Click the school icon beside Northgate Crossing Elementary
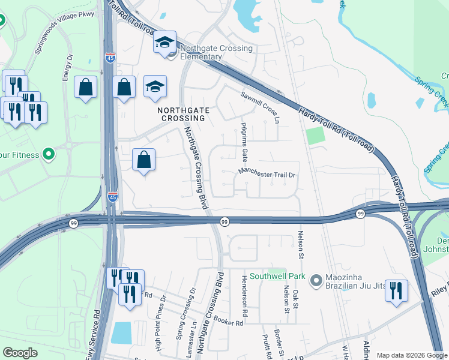pyautogui.click(x=164, y=43)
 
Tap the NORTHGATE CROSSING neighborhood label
pyautogui.click(x=181, y=114)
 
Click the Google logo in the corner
pyautogui.click(x=20, y=353)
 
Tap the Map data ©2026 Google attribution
pyautogui.click(x=412, y=355)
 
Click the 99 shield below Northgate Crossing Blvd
pyautogui.click(x=223, y=221)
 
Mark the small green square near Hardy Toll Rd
pyautogui.click(x=315, y=136)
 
